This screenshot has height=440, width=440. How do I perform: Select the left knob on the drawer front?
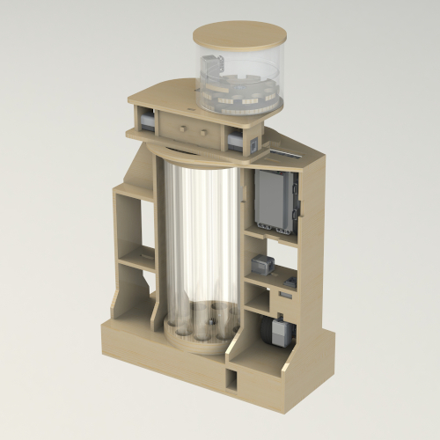(182, 128)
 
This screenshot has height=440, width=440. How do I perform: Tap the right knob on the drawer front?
(203, 132)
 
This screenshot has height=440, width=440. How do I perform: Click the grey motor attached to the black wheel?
(282, 332)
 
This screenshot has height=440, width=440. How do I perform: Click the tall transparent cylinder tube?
(197, 238)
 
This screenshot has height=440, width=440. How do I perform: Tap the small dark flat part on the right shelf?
(288, 283)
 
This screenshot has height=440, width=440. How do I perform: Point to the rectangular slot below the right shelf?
(284, 299)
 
